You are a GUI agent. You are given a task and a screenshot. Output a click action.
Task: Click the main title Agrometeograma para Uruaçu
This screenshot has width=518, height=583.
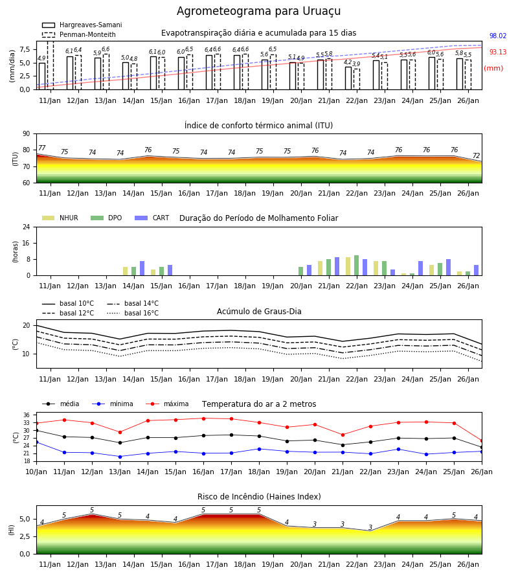[x=258, y=11]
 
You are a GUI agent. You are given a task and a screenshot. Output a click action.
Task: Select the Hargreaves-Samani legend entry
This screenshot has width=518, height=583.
[x=82, y=25]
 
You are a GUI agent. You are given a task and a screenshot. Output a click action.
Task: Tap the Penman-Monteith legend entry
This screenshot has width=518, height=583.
[x=79, y=34]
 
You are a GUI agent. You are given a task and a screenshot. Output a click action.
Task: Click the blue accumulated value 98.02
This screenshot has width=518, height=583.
[x=498, y=36]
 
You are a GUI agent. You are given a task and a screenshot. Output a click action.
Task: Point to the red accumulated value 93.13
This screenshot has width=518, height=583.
[x=498, y=52]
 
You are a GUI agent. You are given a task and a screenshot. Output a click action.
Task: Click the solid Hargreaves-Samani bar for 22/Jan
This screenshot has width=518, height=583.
[x=348, y=78]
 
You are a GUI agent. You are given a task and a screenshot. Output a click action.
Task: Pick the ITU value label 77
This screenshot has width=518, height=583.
[x=41, y=148]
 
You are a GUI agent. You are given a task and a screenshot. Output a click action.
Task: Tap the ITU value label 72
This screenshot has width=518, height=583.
[x=477, y=155]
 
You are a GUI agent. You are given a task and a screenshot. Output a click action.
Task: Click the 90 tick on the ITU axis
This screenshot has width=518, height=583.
[x=27, y=134]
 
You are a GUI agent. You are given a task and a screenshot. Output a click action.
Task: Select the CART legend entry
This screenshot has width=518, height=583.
[x=152, y=218]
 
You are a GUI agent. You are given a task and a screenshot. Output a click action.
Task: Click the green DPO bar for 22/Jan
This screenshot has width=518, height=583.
[x=356, y=266]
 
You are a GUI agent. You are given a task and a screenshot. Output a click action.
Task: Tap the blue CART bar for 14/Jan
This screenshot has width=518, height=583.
[x=142, y=268]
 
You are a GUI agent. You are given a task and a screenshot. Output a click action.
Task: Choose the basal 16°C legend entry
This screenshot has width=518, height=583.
[x=133, y=313]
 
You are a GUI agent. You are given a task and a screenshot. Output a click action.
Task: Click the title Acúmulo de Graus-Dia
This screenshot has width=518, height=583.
[x=259, y=312]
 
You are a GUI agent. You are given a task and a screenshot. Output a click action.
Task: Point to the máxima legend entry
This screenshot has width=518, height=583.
[x=167, y=404]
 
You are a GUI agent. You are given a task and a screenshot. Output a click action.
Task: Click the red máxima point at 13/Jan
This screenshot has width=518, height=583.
[x=120, y=433]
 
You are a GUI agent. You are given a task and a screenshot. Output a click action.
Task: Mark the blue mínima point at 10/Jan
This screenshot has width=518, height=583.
[x=37, y=442]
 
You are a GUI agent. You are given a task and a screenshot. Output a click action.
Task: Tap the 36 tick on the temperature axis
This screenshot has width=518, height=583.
[x=27, y=415]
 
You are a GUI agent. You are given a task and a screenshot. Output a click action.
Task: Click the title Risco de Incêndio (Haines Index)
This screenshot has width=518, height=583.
[x=259, y=497]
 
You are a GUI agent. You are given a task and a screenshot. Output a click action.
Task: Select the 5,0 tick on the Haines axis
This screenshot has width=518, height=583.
[x=25, y=519]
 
